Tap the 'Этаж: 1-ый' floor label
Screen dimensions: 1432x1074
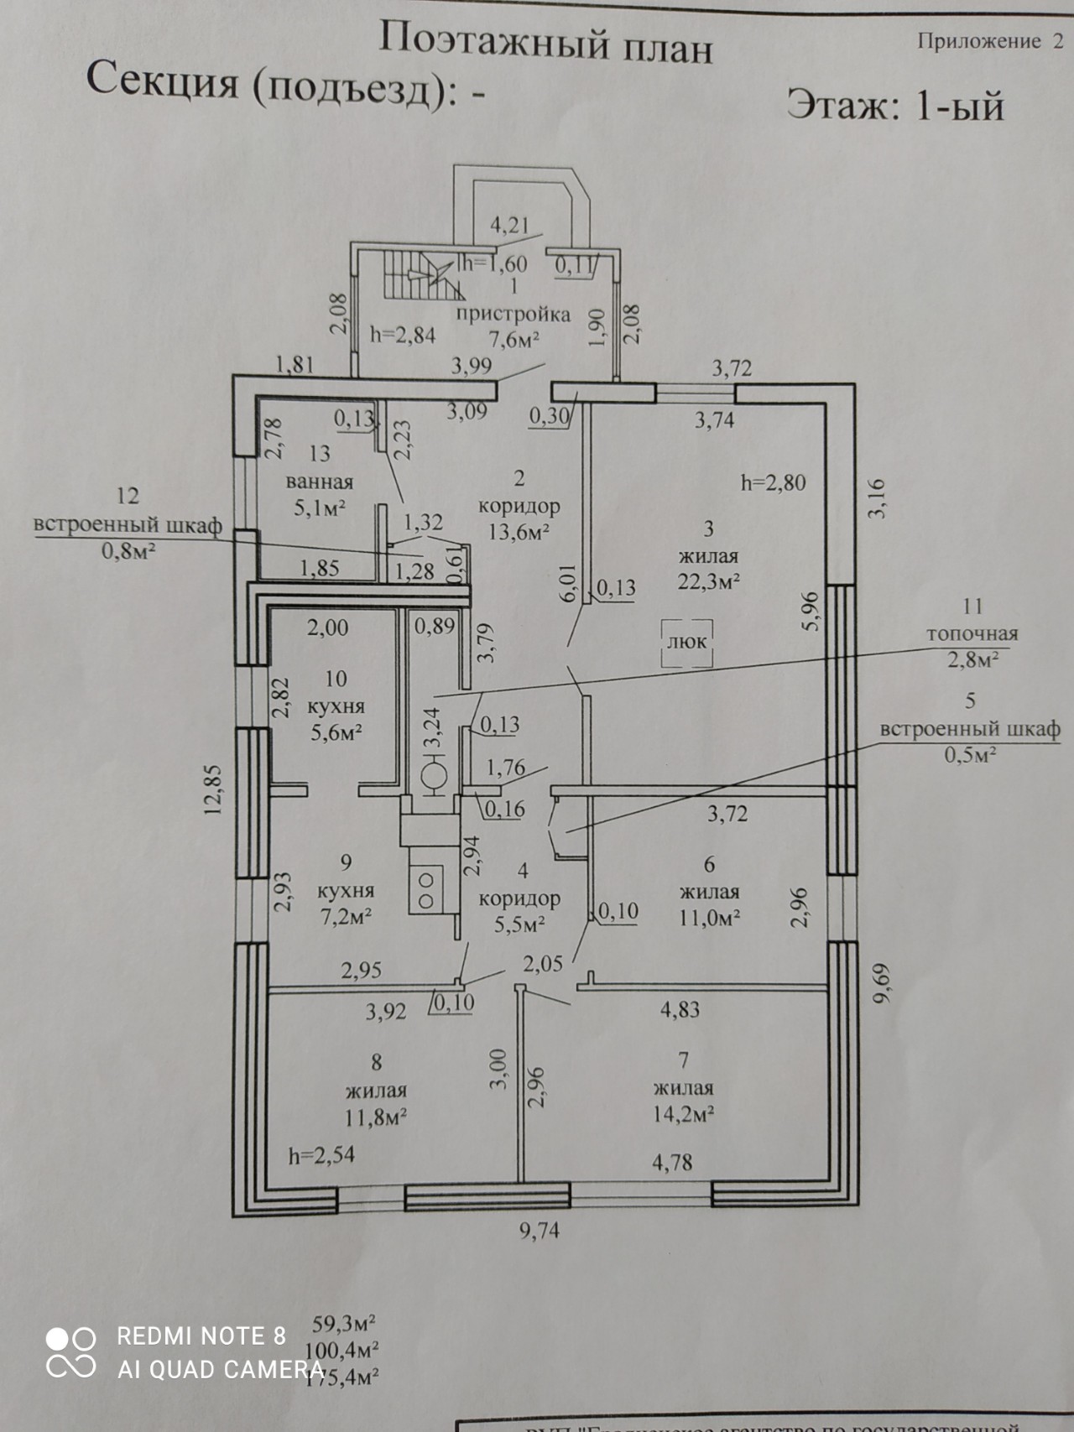[894, 107]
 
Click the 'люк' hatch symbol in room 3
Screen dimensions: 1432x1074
[687, 643]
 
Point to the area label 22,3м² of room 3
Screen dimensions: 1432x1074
[709, 581]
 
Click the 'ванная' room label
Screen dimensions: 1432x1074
[320, 482]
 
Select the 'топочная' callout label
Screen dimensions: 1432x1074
[972, 633]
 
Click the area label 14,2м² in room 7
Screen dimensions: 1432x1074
[684, 1114]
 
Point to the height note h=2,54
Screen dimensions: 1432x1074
[321, 1155]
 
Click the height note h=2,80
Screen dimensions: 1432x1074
[773, 482]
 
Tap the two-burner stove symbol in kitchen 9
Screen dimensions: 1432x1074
[426, 890]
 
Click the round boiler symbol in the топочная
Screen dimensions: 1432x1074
[435, 776]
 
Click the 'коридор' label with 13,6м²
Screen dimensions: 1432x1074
[519, 507]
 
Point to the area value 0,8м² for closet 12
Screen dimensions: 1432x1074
[128, 551]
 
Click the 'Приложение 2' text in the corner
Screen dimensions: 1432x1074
[990, 41]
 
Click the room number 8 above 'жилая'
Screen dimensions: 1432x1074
[377, 1063]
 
